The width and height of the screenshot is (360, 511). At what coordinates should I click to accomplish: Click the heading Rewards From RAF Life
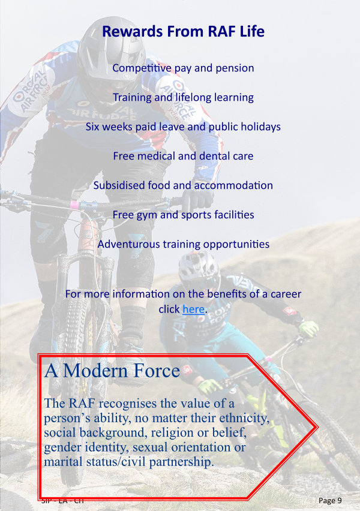click(183, 31)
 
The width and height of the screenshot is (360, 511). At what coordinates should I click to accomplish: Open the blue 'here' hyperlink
click(193, 309)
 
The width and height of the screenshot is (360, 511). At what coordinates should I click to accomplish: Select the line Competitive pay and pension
click(183, 68)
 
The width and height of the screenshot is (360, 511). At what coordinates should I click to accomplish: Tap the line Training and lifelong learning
click(183, 97)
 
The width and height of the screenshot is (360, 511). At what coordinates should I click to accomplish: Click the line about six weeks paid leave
click(183, 127)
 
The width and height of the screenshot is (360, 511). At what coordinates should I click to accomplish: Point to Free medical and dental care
click(183, 156)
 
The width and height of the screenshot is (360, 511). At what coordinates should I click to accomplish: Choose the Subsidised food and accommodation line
click(183, 185)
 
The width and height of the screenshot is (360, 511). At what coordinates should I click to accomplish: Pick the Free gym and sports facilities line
click(183, 215)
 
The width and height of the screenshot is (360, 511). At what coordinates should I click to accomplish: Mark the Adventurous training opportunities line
click(183, 244)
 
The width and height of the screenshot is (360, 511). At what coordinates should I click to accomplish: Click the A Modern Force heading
click(112, 371)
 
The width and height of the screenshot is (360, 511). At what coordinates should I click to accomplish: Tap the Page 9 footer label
click(330, 500)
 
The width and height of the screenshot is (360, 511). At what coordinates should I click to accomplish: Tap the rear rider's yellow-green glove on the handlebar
click(308, 329)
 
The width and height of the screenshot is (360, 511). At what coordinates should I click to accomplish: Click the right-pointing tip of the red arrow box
click(317, 427)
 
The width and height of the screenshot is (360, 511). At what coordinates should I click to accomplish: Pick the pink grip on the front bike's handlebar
click(74, 205)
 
